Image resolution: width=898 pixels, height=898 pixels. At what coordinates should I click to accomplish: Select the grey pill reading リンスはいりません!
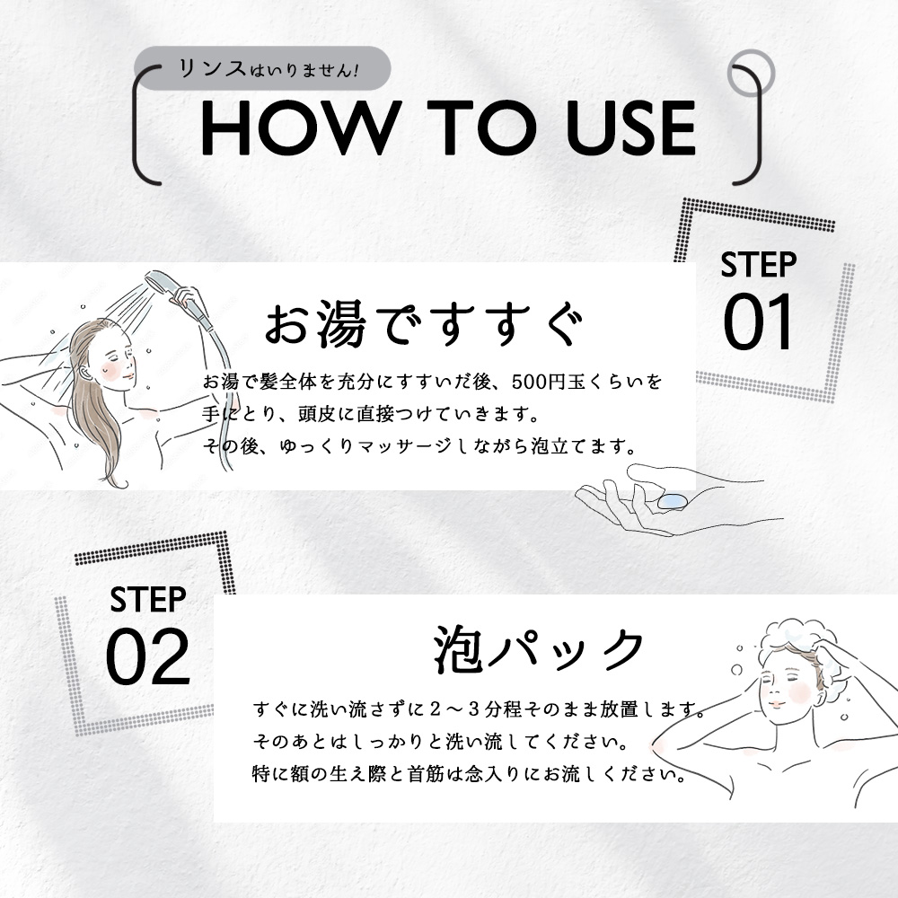(262, 69)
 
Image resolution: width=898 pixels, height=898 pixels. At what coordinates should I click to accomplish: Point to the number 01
(759, 324)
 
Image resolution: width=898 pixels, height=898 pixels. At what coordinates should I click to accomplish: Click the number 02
(148, 657)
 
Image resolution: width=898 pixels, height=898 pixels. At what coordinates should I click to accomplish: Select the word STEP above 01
(759, 265)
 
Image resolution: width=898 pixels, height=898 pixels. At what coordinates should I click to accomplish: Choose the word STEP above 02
(148, 599)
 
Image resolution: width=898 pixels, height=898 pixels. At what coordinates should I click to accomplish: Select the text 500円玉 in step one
(548, 382)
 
